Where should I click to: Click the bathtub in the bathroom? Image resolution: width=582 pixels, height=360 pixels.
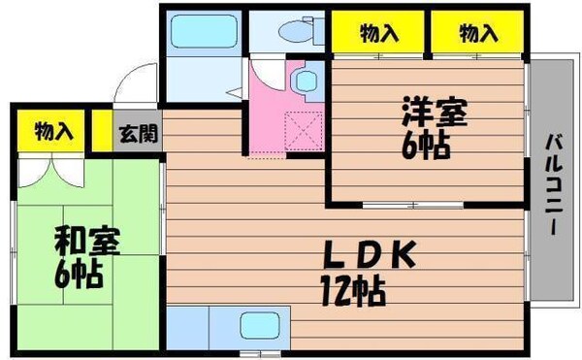coord(203,37)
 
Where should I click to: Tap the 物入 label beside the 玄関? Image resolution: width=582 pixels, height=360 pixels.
coord(52,131)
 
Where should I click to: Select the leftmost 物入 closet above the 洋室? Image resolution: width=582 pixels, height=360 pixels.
coord(379,34)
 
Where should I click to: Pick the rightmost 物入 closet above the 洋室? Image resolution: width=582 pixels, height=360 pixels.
coord(477,34)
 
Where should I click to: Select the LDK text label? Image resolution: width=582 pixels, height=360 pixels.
coord(369,255)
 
